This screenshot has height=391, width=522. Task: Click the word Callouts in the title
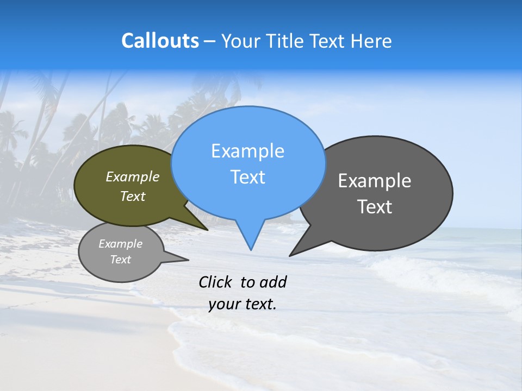(160, 41)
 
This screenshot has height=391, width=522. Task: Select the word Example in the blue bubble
(247, 151)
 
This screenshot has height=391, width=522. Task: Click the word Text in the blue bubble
(247, 177)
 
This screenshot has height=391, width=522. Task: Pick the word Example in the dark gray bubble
(375, 181)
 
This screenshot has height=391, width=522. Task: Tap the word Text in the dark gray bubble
(375, 206)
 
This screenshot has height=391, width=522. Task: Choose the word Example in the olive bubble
(133, 177)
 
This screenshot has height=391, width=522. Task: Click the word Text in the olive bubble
(133, 197)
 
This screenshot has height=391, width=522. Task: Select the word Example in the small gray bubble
(120, 244)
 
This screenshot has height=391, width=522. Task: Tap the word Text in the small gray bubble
(120, 260)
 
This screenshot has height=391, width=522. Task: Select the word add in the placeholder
(273, 282)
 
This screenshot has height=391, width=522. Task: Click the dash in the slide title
(210, 41)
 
